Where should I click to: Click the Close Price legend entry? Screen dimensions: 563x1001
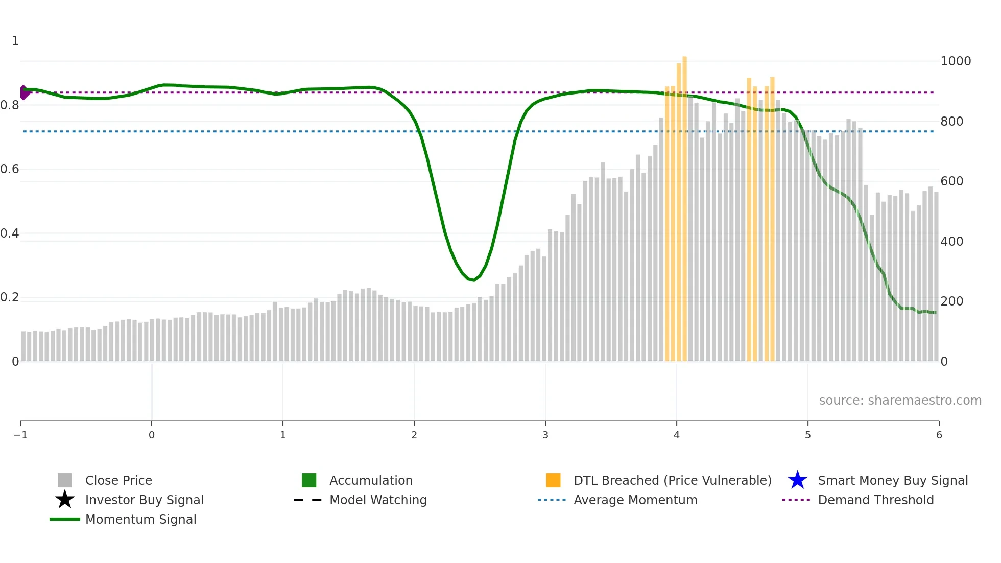pos(118,480)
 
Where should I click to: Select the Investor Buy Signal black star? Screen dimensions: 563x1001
pos(65,500)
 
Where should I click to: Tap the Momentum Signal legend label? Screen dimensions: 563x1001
pos(140,519)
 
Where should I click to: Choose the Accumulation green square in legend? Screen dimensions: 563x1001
pos(309,480)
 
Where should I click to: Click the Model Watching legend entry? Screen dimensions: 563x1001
pos(378,500)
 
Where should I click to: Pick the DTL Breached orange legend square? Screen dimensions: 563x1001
pos(553,480)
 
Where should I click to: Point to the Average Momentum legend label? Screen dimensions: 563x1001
pos(635,500)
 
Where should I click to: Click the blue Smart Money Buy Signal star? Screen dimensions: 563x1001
pos(797,480)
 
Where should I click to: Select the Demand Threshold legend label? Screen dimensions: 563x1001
pos(875,500)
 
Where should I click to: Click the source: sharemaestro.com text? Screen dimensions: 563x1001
pos(900,401)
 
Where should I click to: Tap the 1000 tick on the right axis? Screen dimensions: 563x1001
pos(956,61)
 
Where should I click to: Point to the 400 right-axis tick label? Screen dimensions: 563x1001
pos(952,241)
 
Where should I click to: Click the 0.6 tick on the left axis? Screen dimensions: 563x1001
pos(10,169)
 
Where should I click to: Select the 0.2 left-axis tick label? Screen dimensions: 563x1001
pos(10,297)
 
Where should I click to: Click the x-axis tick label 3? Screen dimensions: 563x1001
pos(545,435)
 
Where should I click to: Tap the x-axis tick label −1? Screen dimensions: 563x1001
pos(20,435)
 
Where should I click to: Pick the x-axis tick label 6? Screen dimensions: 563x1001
pos(939,435)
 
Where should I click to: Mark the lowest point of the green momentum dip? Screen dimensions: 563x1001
pos(473,280)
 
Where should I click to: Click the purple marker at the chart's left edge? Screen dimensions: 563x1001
pos(23,92)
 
